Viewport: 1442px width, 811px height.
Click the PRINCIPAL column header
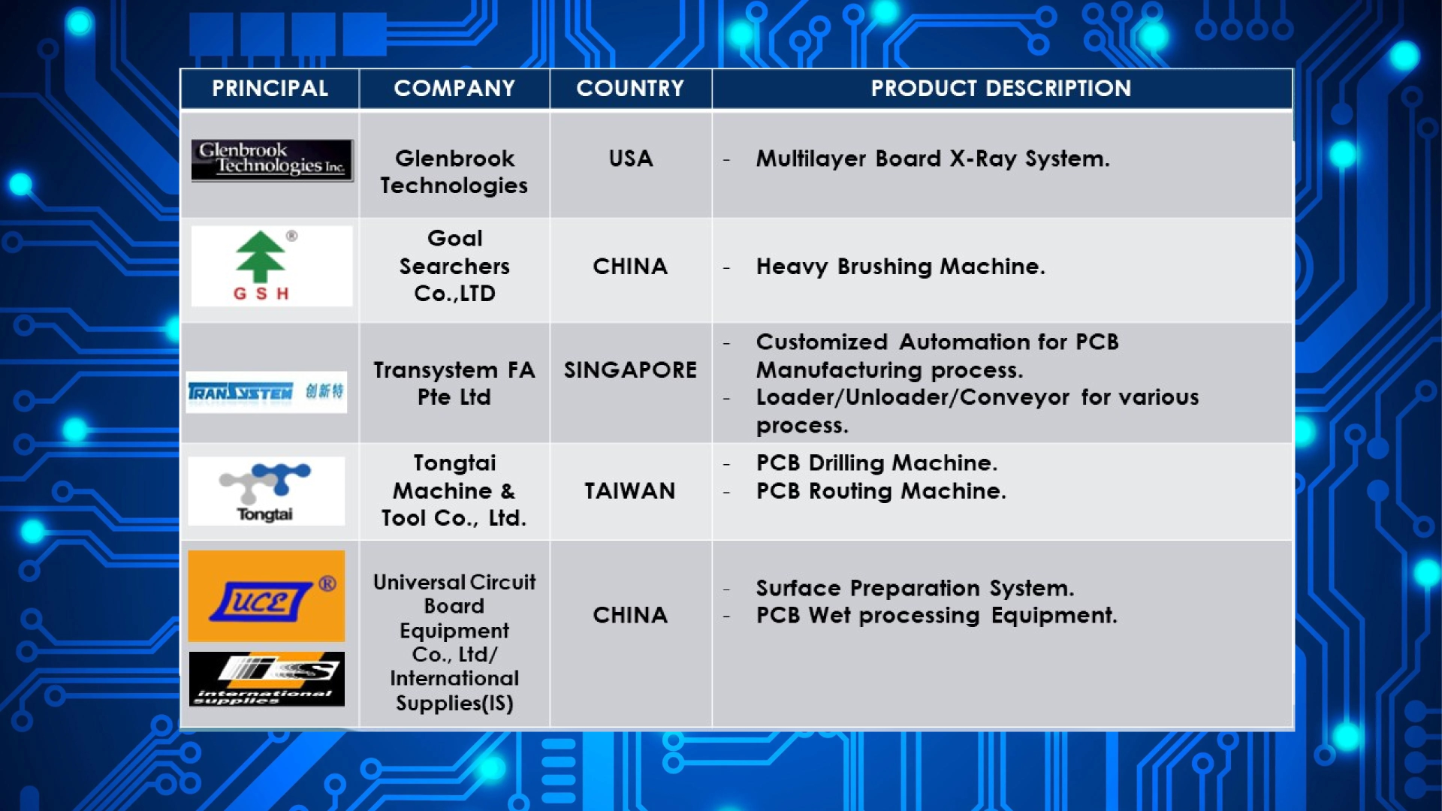click(x=270, y=89)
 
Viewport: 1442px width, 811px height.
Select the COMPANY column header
click(x=454, y=89)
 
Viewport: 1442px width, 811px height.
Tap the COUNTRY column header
click(x=630, y=89)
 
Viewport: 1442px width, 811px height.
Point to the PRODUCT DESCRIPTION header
click(x=1001, y=89)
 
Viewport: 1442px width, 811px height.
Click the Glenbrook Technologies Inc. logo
click(x=272, y=160)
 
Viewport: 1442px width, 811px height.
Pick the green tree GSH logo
click(x=272, y=266)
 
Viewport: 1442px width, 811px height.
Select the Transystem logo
click(x=267, y=392)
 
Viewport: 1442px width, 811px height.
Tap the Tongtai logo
click(x=267, y=491)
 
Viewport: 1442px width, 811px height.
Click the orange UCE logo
click(x=267, y=596)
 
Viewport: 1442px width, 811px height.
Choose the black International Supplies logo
click(x=267, y=679)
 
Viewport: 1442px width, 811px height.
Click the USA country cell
click(x=631, y=158)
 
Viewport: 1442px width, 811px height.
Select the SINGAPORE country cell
click(x=630, y=370)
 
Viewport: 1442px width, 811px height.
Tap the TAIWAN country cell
click(x=630, y=491)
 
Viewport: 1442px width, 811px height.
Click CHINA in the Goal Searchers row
click(x=630, y=267)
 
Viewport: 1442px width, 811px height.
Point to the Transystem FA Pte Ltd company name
click(x=454, y=384)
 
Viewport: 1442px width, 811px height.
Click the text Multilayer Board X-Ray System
click(x=933, y=159)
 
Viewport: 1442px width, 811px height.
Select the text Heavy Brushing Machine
click(x=900, y=267)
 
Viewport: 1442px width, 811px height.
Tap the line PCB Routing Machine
click(x=881, y=491)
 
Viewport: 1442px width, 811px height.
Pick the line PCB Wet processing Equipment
click(x=937, y=616)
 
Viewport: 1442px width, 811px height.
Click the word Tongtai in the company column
click(x=454, y=463)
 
